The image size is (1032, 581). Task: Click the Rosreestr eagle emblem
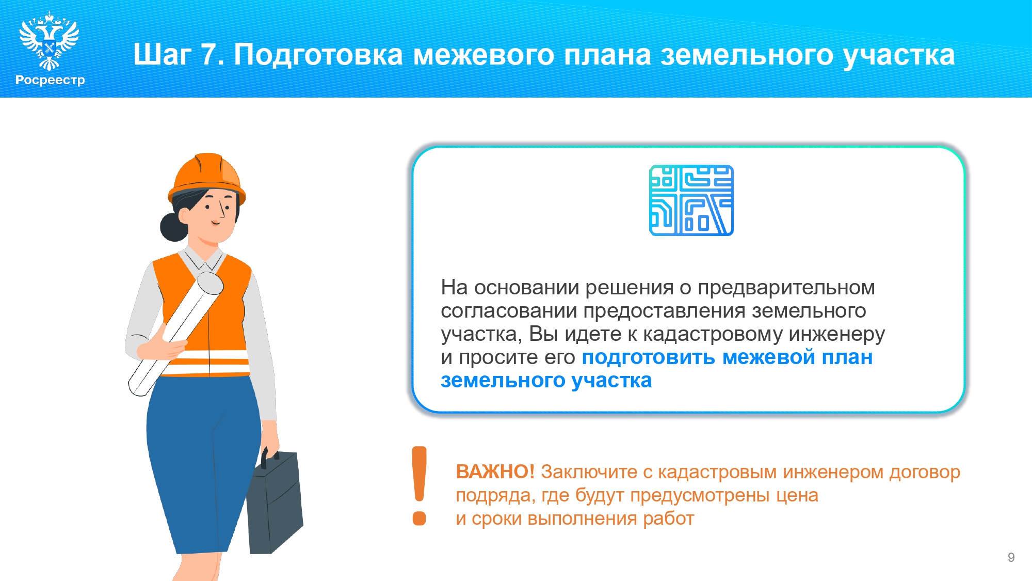click(x=49, y=41)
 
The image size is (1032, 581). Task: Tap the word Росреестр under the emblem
click(x=50, y=80)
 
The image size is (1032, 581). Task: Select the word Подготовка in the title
click(x=318, y=55)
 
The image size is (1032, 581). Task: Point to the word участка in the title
click(x=899, y=56)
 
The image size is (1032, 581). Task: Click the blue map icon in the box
click(x=691, y=200)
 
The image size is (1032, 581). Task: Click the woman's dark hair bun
click(x=173, y=227)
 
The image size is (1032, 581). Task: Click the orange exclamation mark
click(x=420, y=486)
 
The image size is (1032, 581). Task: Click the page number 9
click(x=1011, y=557)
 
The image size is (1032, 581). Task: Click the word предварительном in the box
click(x=786, y=288)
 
